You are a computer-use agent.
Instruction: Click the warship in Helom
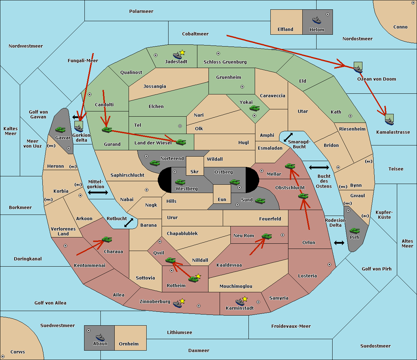317,20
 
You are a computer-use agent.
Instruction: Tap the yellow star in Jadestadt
182,53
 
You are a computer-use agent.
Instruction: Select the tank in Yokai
254,108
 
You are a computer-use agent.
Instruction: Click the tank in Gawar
60,129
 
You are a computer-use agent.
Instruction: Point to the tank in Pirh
354,231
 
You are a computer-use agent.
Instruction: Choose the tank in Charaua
107,239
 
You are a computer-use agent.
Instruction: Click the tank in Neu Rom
267,236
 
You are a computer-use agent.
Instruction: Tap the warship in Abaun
100,337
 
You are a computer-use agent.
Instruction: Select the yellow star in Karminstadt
245,299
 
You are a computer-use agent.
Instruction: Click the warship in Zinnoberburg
178,304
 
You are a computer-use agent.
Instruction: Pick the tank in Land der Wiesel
181,142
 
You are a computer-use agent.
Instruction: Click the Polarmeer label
141,11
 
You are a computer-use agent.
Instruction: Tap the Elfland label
285,30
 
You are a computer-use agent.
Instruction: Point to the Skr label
195,171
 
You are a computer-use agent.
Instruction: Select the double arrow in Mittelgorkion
98,192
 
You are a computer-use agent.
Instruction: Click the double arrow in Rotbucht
129,223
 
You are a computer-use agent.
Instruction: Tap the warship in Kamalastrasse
389,121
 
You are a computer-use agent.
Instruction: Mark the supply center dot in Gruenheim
242,87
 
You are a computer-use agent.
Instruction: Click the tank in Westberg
180,182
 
